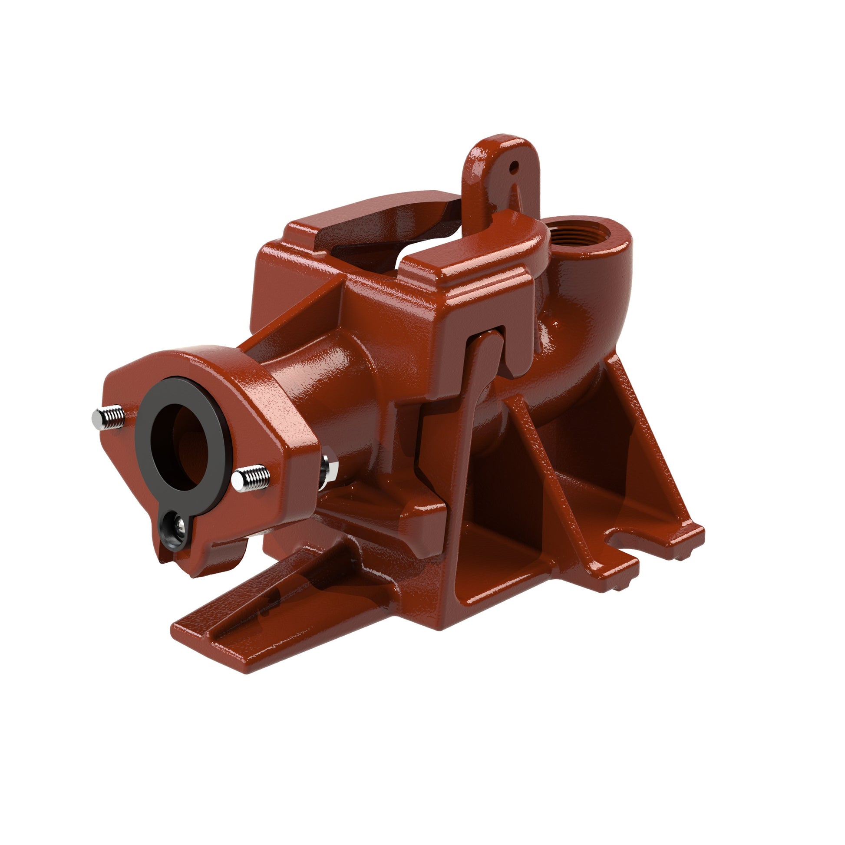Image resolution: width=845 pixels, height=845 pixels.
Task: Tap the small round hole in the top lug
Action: [x=515, y=166]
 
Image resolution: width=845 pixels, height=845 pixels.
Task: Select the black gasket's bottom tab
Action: [x=175, y=531]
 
